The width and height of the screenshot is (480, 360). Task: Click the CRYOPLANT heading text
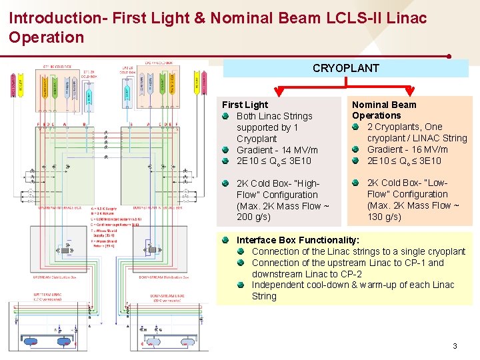coord(345,68)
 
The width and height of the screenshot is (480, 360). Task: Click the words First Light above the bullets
coord(245,105)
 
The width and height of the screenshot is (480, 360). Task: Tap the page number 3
coord(455,346)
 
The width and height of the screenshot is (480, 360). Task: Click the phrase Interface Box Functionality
coord(298,240)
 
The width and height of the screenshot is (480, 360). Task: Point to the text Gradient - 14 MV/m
coord(277,150)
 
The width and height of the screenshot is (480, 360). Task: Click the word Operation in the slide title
coord(47,37)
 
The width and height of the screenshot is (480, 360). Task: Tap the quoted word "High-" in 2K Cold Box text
coord(305,183)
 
